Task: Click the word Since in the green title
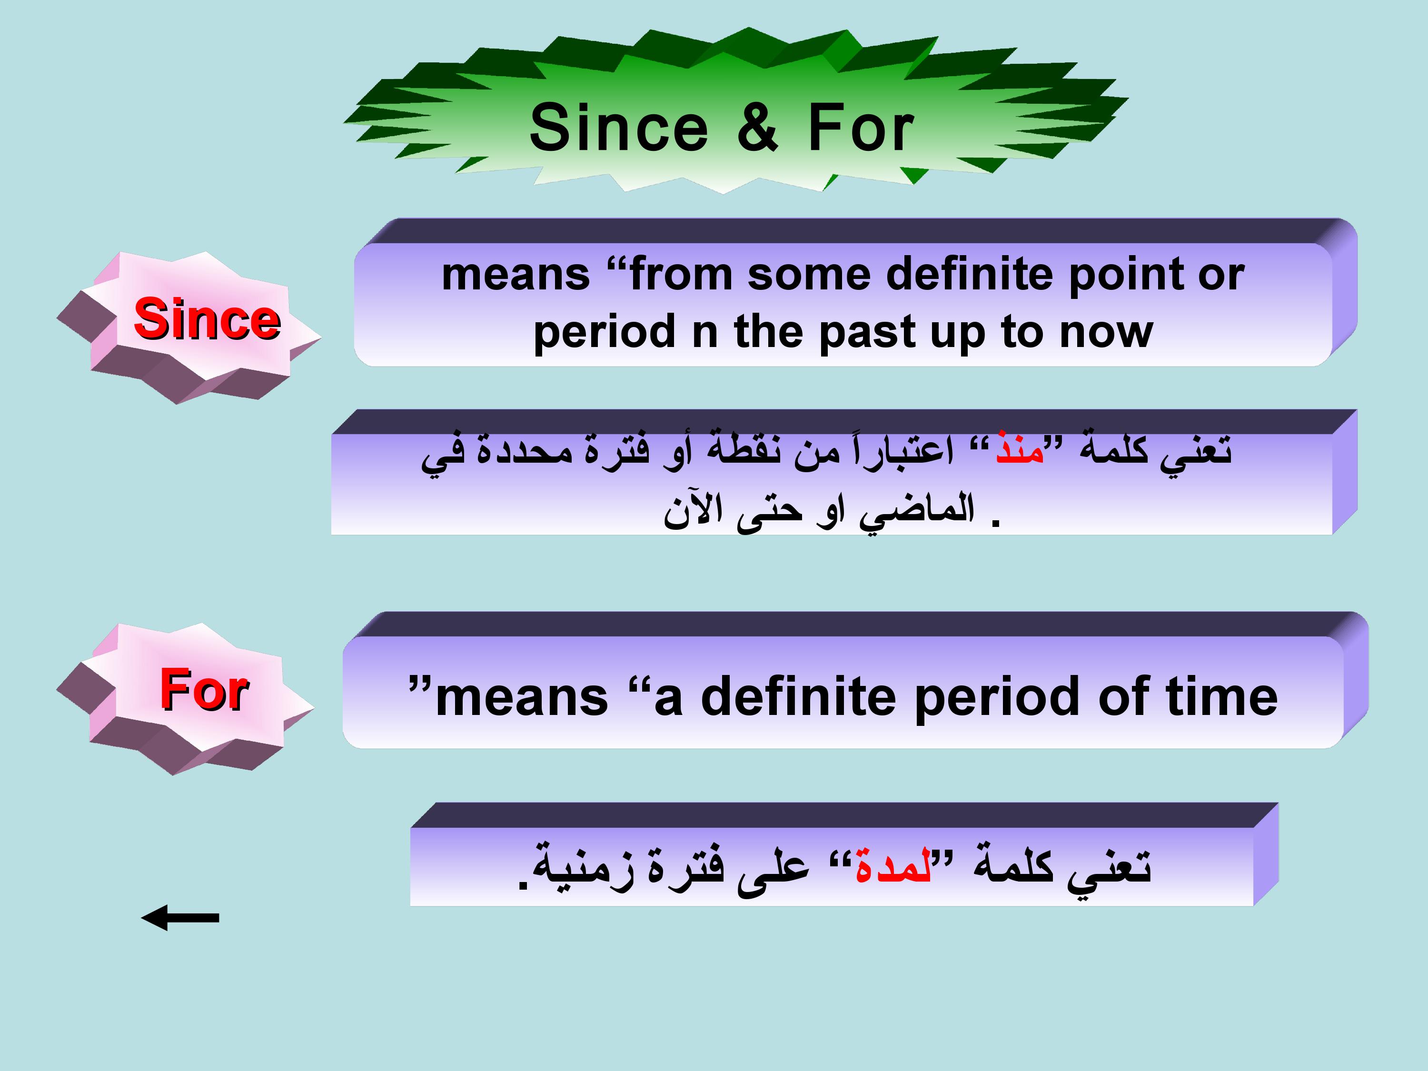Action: tap(618, 128)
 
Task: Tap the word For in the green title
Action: tap(861, 128)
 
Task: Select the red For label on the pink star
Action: tap(205, 689)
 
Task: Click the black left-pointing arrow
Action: tap(180, 917)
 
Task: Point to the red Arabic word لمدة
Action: tap(893, 864)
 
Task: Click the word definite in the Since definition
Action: tap(972, 274)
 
